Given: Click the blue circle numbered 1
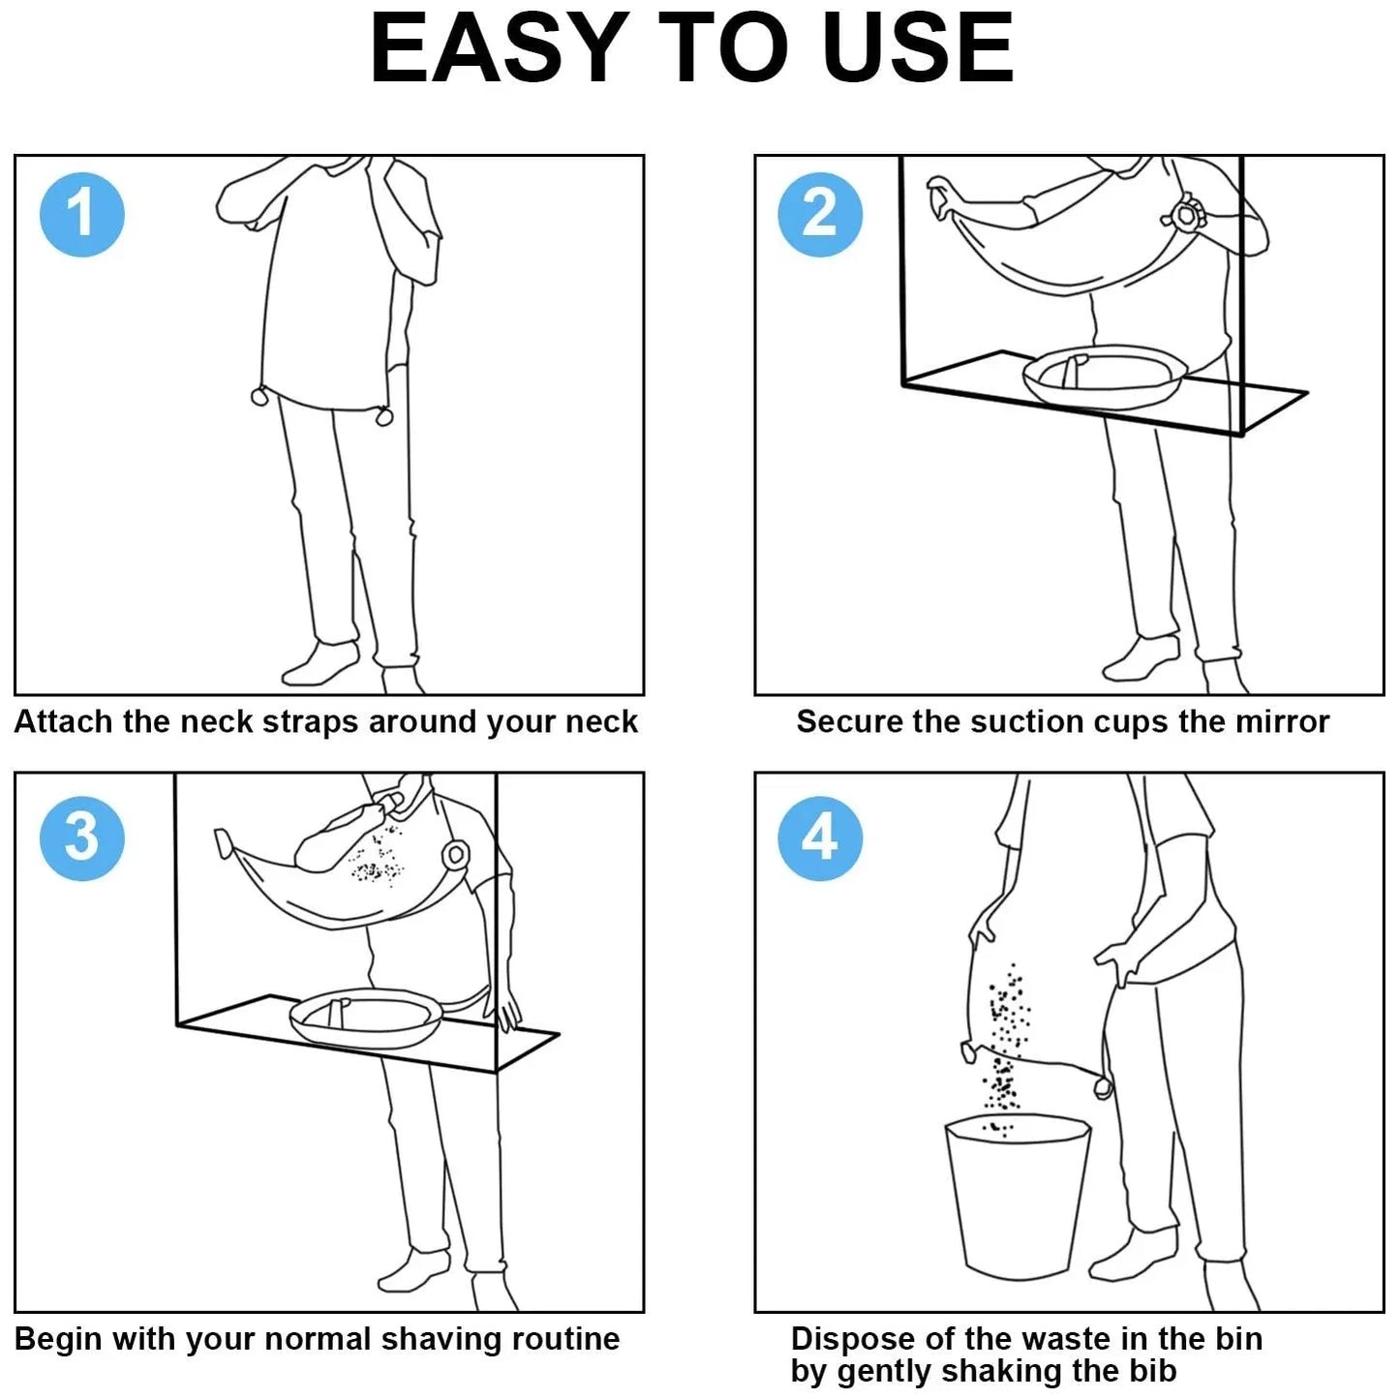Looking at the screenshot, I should click(x=81, y=214).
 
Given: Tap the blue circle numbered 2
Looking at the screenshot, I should click(x=820, y=214).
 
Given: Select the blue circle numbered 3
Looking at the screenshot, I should click(x=81, y=837).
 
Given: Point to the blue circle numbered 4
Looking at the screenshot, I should click(x=820, y=837).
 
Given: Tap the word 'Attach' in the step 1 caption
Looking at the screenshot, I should click(x=62, y=722).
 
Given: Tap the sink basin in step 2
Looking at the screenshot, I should click(x=1104, y=377).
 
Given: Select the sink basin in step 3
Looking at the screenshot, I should click(x=366, y=1017).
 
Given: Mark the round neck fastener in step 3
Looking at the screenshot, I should click(x=454, y=855).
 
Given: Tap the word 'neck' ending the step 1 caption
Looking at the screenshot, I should click(x=603, y=722).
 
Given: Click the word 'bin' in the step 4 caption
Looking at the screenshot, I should click(x=1239, y=1339).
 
